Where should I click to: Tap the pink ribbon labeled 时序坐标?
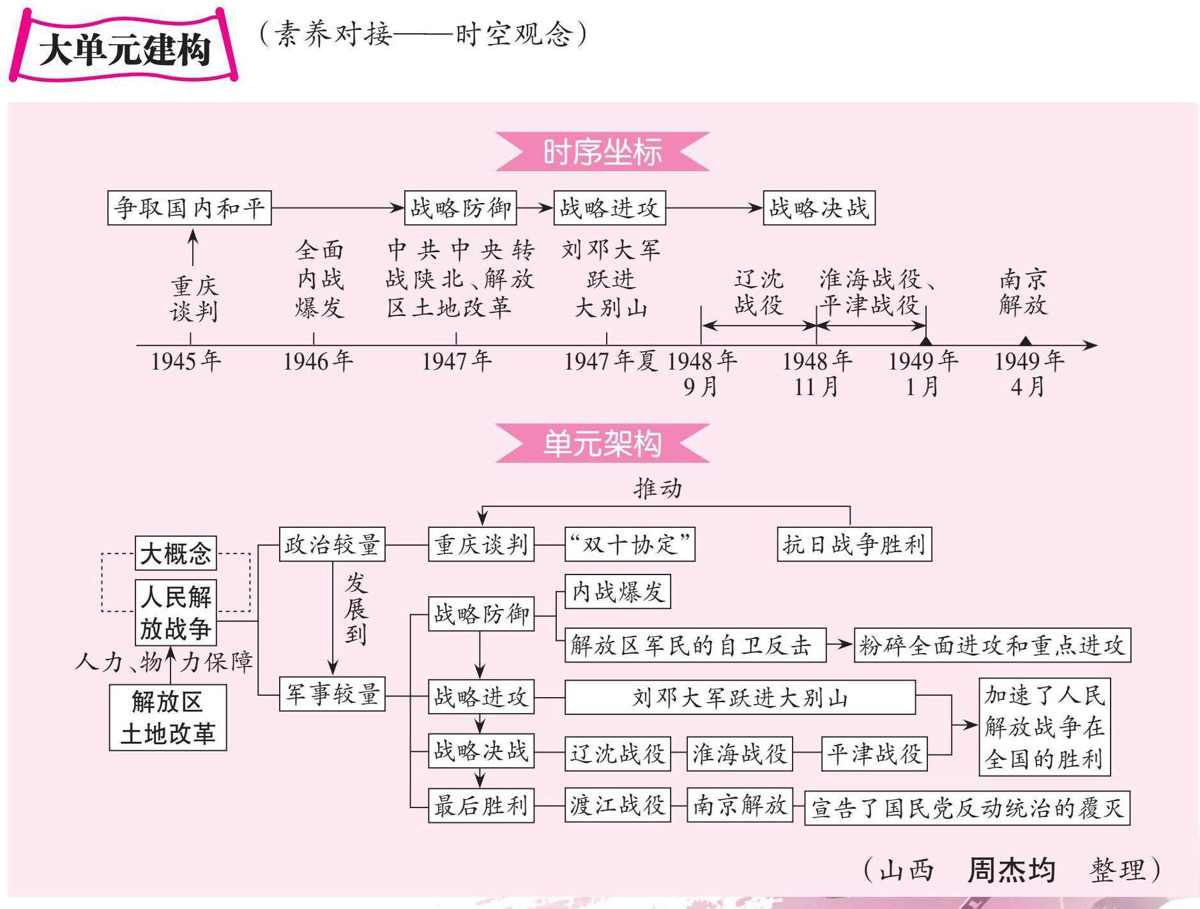tap(602, 152)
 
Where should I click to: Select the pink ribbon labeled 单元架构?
tap(602, 443)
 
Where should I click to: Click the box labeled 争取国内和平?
tap(189, 208)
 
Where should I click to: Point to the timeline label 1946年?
tap(318, 361)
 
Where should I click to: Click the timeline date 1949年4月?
tap(1028, 373)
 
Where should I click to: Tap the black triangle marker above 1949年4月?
tap(1025, 341)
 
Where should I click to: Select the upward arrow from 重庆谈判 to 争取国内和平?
tap(193, 248)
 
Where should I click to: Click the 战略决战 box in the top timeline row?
tap(819, 208)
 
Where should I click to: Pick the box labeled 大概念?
tap(176, 553)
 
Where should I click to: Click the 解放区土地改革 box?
tap(167, 717)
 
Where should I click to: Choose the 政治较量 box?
tap(332, 545)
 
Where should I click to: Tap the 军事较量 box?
tap(332, 694)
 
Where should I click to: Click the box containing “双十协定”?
tap(630, 545)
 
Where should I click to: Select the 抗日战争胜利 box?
tap(854, 545)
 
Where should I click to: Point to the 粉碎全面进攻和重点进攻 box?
tap(992, 645)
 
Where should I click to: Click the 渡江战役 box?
tap(617, 805)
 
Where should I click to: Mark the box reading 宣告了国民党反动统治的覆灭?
tap(966, 808)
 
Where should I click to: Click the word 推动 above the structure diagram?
tap(658, 488)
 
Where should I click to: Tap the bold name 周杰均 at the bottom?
tap(1011, 870)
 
